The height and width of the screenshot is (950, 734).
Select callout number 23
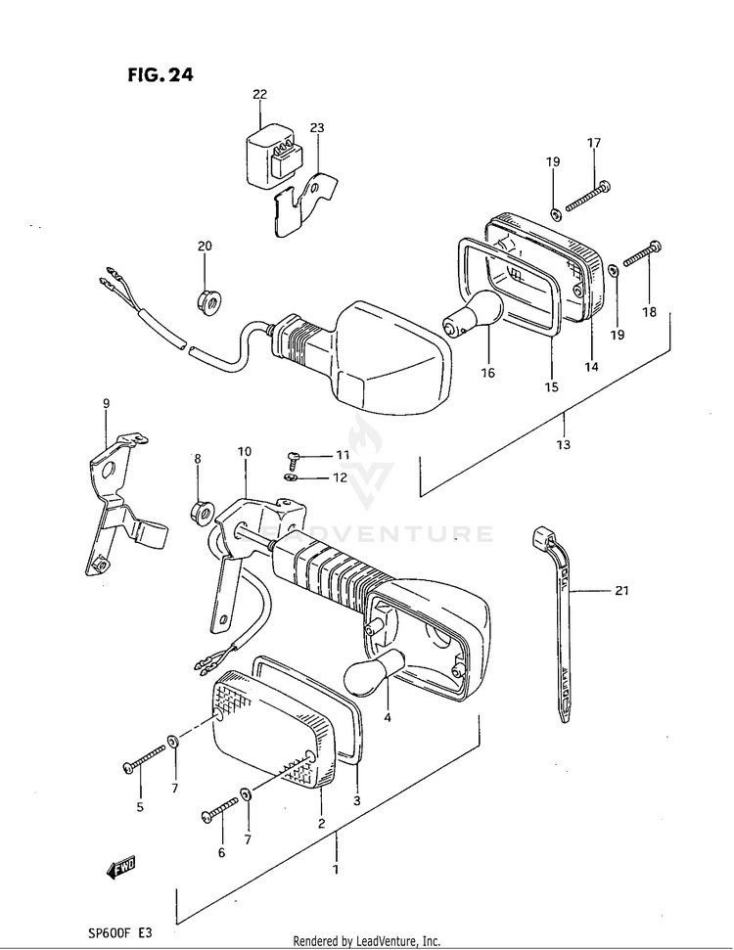click(316, 128)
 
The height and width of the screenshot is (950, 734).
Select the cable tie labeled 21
click(559, 626)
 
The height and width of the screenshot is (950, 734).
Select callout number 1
click(336, 870)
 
